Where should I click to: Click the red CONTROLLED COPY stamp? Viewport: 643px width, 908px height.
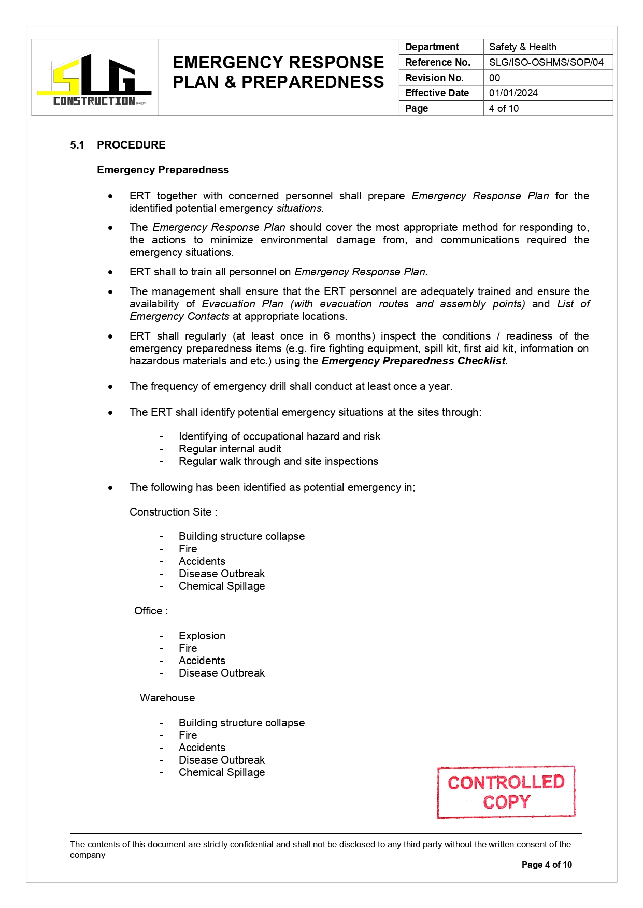pos(506,792)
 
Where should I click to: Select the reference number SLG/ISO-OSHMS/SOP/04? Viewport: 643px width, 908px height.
pos(546,63)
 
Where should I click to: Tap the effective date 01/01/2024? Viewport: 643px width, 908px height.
pos(513,93)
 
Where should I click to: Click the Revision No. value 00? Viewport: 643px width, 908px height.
pos(494,78)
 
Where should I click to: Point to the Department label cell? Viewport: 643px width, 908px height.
pos(432,47)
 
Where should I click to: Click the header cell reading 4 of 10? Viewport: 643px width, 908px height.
pos(504,109)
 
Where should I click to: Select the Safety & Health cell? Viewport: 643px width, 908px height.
pos(522,47)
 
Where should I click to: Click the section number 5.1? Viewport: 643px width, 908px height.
pos(77,145)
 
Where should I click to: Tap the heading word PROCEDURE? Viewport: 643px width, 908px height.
pos(131,145)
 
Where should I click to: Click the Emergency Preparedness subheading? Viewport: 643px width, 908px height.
pos(163,170)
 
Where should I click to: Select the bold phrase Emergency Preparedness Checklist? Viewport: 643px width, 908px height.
pos(413,361)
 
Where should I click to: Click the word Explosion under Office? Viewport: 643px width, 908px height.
pos(202,636)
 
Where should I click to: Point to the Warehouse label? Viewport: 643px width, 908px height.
pos(167,698)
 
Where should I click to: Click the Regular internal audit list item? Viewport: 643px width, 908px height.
pos(230,449)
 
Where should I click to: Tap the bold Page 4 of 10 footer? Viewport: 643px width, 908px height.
pos(547,865)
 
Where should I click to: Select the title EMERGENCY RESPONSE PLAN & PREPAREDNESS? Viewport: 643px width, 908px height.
pos(278,72)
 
